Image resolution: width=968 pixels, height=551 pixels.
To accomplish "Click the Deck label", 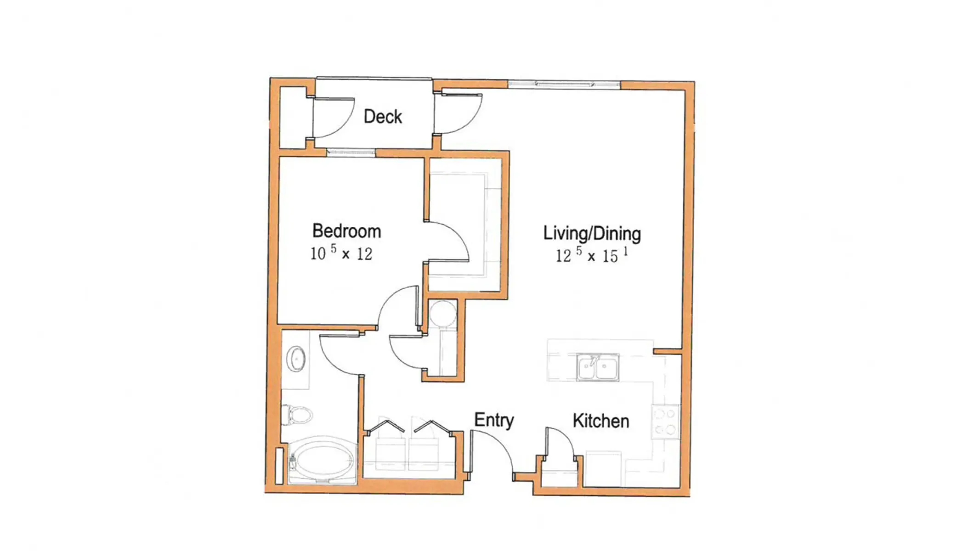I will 382,117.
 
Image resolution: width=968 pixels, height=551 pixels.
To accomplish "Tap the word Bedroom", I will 346,231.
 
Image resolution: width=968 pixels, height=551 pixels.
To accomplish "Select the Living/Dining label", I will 592,233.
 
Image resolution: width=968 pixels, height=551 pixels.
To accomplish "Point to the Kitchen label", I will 600,421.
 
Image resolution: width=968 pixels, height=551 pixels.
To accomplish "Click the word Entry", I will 494,420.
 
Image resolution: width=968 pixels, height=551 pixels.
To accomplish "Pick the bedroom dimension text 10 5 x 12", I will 341,253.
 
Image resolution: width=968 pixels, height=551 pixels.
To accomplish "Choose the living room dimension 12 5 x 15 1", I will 591,255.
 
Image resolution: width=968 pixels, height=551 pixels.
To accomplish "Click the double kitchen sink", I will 598,367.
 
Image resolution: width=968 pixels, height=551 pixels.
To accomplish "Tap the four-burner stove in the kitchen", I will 665,422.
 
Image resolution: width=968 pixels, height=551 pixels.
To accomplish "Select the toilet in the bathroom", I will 297,415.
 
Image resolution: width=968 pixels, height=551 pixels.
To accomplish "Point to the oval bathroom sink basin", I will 296,358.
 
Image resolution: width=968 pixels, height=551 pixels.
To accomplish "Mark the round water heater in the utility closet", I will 443,313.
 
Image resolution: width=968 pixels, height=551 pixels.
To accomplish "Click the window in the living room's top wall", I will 564,84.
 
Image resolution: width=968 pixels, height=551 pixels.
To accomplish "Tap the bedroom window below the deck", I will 351,152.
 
